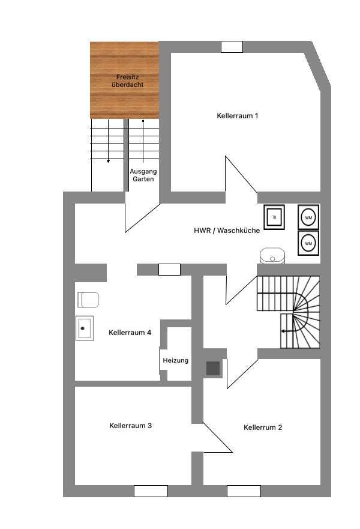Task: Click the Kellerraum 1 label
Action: pos(238,115)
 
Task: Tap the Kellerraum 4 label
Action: pos(130,332)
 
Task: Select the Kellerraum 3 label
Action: pos(130,425)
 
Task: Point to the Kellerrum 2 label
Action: pos(263,428)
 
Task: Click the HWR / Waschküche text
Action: pos(226,231)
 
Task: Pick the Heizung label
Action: pos(175,360)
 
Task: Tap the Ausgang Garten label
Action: pos(143,175)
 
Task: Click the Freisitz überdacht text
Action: pos(127,81)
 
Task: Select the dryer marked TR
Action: pos(274,216)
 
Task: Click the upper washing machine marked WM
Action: pos(308,216)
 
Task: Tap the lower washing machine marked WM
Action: pos(308,243)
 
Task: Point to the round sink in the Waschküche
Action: pos(273,256)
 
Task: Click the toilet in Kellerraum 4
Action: pos(88,299)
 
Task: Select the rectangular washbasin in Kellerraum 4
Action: pos(83,328)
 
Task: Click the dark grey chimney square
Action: pos(213,368)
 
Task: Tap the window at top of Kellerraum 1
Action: pos(232,46)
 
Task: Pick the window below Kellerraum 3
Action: pos(151,491)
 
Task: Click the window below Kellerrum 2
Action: pos(243,491)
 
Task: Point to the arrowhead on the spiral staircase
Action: pos(283,331)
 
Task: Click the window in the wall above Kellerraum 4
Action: pos(169,270)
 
